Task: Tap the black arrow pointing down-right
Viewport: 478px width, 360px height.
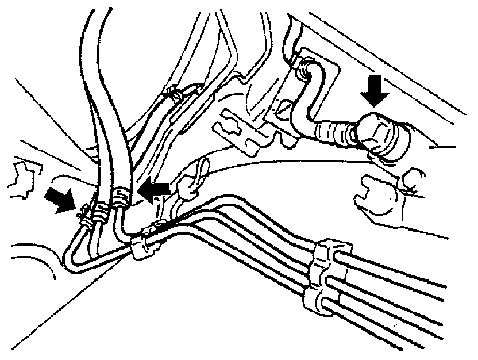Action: click(x=60, y=199)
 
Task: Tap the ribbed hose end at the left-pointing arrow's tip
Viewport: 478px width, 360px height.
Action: click(x=120, y=199)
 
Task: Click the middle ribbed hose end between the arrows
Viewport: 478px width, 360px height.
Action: click(x=102, y=209)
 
